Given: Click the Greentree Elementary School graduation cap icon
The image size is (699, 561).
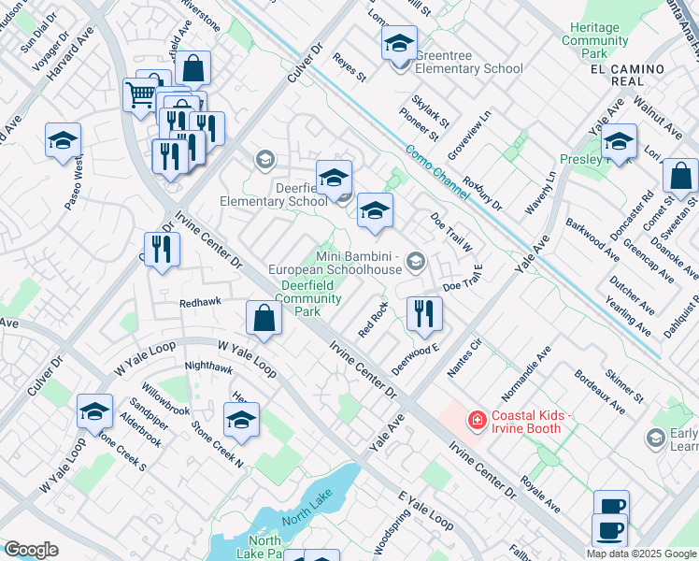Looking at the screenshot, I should pyautogui.click(x=399, y=44).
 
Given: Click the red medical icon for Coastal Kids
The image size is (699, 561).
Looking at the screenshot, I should pyautogui.click(x=478, y=422).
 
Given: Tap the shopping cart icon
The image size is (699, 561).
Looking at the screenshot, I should pyautogui.click(x=140, y=93).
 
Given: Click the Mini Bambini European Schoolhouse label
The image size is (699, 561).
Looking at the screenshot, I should pyautogui.click(x=359, y=263).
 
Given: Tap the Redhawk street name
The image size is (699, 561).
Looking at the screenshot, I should pyautogui.click(x=200, y=306).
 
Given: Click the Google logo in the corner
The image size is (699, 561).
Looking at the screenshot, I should pyautogui.click(x=31, y=550).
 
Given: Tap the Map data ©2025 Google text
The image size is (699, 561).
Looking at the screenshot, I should pyautogui.click(x=641, y=554).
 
